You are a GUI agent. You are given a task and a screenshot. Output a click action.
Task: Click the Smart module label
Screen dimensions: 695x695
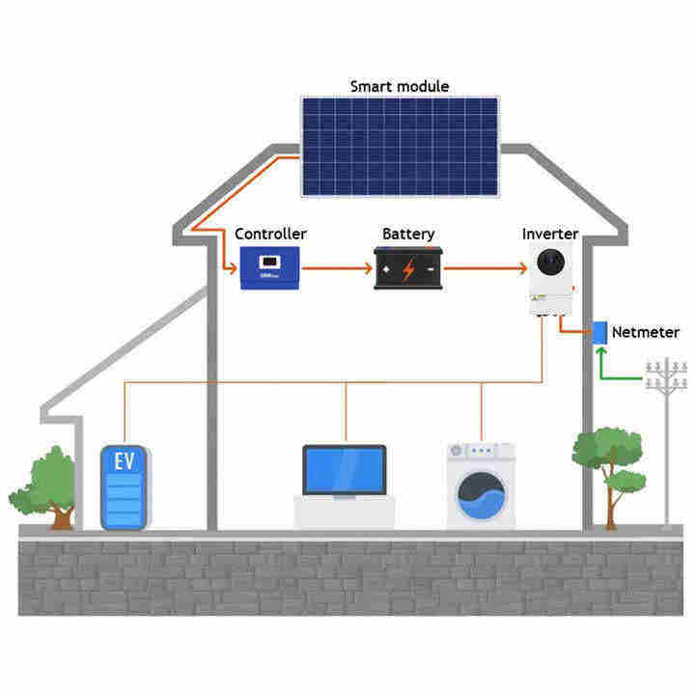[x=400, y=86]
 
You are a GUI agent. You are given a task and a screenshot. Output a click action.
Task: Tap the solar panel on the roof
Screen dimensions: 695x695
[x=401, y=147]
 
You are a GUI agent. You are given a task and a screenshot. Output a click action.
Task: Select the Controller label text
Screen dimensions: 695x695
[x=270, y=234]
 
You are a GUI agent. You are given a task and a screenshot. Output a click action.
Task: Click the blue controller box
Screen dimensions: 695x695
[x=270, y=267]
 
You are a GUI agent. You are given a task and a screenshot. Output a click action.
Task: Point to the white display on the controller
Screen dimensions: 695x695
[x=269, y=262]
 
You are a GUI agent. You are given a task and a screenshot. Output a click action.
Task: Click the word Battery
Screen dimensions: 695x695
[x=408, y=234]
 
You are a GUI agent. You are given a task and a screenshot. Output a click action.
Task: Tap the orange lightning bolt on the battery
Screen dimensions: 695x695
[x=408, y=269]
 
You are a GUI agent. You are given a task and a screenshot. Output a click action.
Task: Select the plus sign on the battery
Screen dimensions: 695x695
[x=385, y=269]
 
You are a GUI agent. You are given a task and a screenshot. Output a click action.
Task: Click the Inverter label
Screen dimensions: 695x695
[x=550, y=234]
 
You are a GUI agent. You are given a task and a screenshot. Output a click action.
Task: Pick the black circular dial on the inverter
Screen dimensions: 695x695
[x=550, y=262]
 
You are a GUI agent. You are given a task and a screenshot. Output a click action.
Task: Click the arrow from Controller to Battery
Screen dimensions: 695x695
[x=337, y=268]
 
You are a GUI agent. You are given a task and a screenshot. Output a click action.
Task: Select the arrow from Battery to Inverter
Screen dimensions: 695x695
[x=486, y=268]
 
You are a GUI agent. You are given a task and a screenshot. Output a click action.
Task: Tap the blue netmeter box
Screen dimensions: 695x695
[x=599, y=332]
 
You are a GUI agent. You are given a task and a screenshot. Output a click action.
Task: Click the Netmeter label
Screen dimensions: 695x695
[x=646, y=332]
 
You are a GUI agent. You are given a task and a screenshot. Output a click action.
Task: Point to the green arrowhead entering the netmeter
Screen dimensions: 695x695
[x=601, y=351]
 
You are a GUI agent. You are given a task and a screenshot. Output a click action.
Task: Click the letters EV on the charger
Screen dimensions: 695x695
[x=125, y=461]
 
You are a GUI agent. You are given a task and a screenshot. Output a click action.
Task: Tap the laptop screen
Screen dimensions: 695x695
[x=345, y=470]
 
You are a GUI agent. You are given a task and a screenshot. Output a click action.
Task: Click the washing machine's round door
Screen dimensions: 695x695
[x=481, y=495]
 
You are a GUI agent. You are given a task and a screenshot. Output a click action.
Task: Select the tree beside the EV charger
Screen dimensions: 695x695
[x=43, y=488]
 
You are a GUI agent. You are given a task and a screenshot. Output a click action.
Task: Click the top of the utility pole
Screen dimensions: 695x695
[x=666, y=360]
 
